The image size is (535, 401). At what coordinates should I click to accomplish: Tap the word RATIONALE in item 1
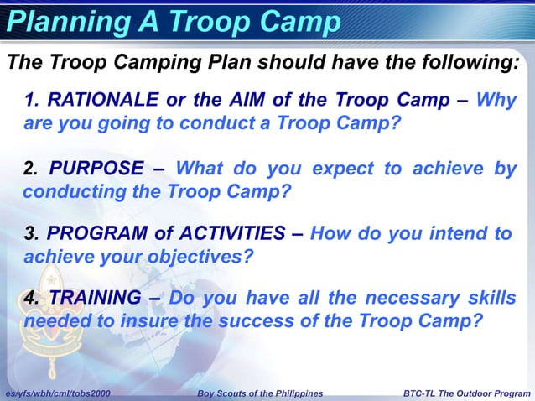[x=102, y=101]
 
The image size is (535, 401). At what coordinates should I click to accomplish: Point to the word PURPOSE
[x=96, y=169]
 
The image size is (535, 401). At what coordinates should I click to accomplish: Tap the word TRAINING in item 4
[x=95, y=298]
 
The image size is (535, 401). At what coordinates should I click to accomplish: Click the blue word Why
[x=496, y=101]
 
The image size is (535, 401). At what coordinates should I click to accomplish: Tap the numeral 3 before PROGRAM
[x=30, y=233]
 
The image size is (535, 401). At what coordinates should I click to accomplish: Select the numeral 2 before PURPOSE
[x=30, y=169]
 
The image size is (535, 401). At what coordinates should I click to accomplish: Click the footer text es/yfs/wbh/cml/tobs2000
[x=57, y=393]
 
